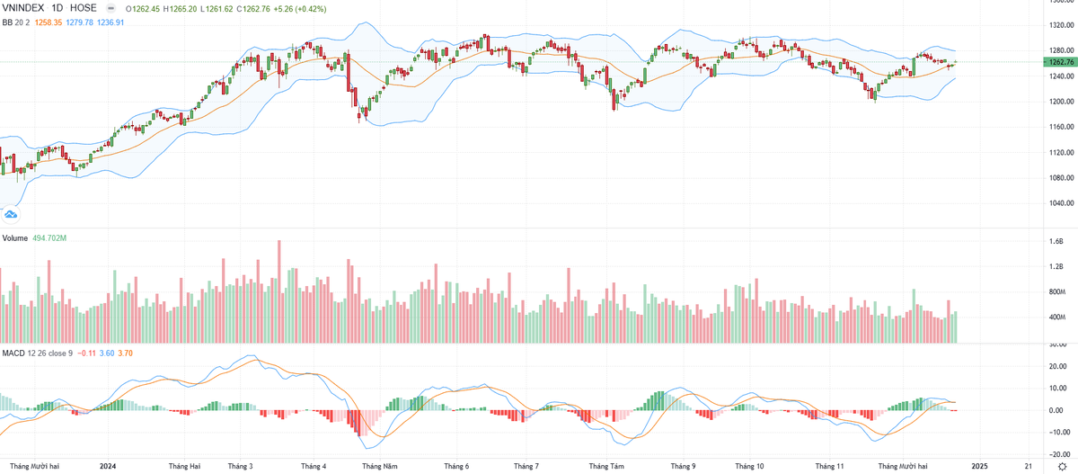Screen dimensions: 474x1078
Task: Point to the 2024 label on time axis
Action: click(109, 466)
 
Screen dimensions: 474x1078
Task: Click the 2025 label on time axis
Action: click(980, 466)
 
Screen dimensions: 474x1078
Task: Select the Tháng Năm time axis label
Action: click(380, 466)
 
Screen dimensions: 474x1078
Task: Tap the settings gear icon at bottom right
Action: click(1063, 466)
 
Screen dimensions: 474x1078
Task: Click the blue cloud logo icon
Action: click(11, 213)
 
